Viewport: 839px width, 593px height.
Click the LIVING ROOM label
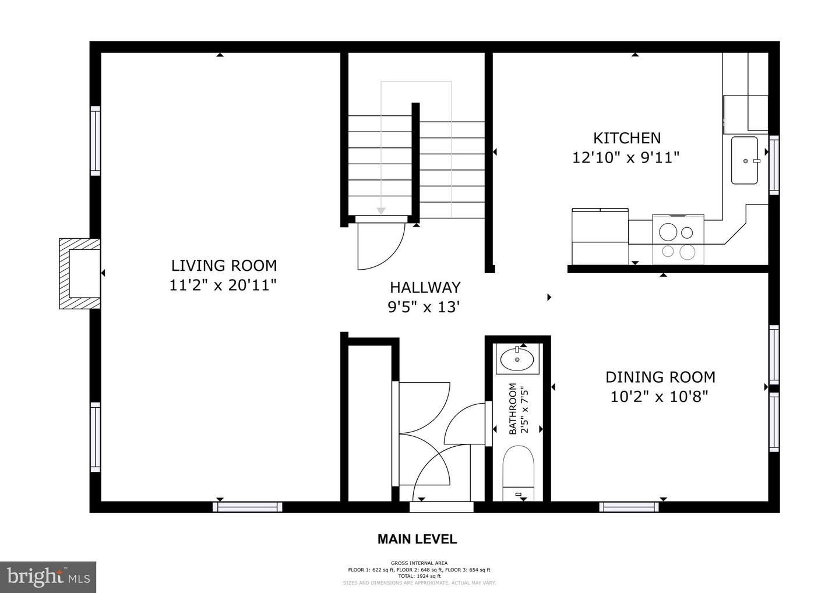(x=224, y=266)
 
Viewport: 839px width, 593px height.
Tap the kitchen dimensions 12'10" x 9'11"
(x=626, y=158)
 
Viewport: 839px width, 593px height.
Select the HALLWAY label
(x=425, y=287)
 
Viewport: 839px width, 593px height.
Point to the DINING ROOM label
(x=660, y=377)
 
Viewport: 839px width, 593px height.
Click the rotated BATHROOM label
(x=513, y=408)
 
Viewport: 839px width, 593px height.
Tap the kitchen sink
(x=744, y=160)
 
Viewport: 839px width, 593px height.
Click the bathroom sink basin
(x=517, y=359)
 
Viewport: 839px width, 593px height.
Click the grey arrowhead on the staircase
(x=381, y=210)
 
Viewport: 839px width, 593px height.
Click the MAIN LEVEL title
(x=417, y=539)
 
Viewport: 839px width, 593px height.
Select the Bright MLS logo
(x=48, y=577)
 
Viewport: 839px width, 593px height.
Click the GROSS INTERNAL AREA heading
(x=419, y=563)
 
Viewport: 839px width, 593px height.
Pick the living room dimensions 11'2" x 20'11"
(x=223, y=285)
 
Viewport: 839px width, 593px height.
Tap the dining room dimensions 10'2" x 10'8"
(x=659, y=397)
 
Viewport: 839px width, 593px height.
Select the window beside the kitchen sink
(x=774, y=165)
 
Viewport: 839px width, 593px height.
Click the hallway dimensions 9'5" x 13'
(x=425, y=307)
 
